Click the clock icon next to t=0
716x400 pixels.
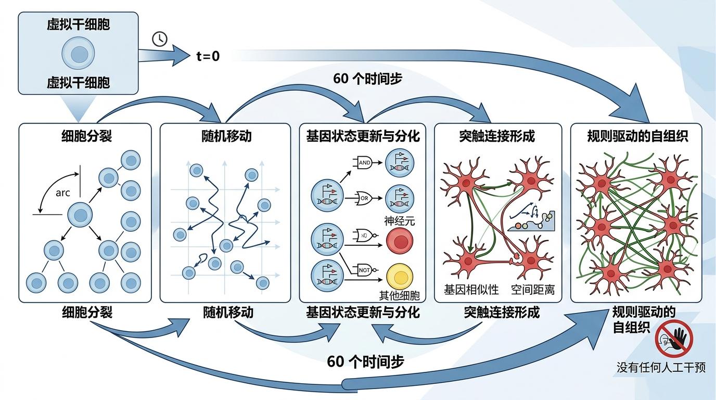160,39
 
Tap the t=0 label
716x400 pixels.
208,56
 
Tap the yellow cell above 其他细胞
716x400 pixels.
400,277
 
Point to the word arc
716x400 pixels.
62,193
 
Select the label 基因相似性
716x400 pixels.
471,289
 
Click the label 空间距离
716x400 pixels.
532,289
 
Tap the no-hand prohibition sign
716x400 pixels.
674,339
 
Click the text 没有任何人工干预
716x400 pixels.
661,367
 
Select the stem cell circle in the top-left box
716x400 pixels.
79,55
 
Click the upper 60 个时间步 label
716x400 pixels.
367,79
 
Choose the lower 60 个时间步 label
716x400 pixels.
365,361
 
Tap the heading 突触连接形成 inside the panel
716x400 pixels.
497,136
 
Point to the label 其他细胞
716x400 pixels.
399,296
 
